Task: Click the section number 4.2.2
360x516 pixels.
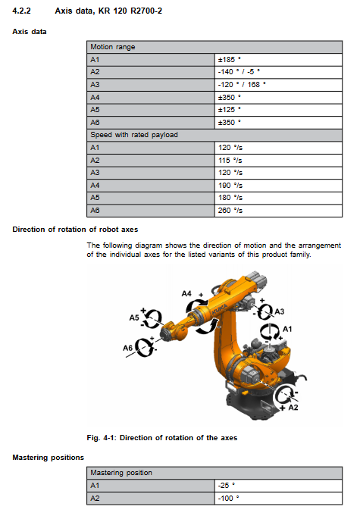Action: click(21, 11)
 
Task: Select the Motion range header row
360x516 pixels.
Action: click(214, 47)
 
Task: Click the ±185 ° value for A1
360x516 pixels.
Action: click(230, 60)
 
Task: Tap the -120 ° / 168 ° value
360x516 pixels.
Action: click(242, 85)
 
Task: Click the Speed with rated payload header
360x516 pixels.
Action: click(134, 135)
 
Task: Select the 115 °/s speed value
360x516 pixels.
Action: click(230, 161)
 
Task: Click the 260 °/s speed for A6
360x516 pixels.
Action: click(230, 211)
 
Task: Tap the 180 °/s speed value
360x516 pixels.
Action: click(230, 198)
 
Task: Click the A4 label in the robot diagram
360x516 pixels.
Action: click(186, 293)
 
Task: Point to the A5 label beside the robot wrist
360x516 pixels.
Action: click(134, 317)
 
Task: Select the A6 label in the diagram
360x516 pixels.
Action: click(127, 348)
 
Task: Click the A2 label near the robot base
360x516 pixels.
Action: click(293, 408)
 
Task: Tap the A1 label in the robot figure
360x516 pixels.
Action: click(287, 329)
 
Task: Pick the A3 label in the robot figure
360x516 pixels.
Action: click(280, 311)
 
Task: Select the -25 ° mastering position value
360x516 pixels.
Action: click(227, 486)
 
